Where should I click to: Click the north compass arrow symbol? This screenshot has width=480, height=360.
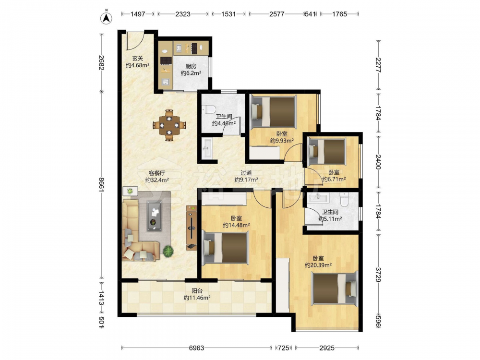pos(106,18)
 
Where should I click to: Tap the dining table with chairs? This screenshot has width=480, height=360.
pos(169,125)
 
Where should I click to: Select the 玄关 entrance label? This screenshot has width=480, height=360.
pos(138,58)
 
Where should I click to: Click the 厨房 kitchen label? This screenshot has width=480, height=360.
pos(191,66)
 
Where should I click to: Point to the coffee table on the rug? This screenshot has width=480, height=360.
pos(155,216)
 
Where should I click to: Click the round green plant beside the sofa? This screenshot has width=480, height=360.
pos(168,252)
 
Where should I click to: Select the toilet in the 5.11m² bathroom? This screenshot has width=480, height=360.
pos(344,199)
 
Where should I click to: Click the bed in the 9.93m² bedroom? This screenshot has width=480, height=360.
pos(274,111)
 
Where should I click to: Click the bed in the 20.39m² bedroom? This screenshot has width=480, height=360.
pos(335,288)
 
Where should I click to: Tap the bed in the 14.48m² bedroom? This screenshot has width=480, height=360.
pos(225,247)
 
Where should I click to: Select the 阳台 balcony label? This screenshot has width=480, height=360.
pos(197,291)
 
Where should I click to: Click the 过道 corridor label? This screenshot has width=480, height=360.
pos(246,173)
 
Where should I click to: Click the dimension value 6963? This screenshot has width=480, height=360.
pos(196,348)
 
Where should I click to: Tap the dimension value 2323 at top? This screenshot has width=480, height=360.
pos(183,14)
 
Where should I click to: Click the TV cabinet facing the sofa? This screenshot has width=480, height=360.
pos(192,228)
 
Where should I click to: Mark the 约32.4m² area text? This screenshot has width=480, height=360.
pos(157,180)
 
